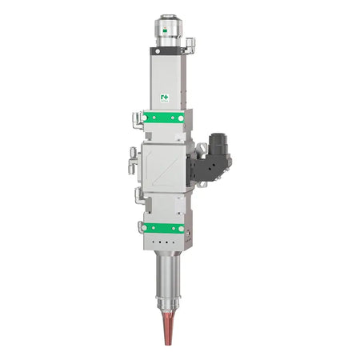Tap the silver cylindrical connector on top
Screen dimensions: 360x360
[x=168, y=28]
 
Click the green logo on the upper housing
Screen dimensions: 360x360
[x=165, y=98]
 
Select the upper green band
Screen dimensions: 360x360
[x=163, y=120]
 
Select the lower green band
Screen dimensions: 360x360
[x=163, y=228]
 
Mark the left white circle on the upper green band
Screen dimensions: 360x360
[x=145, y=120]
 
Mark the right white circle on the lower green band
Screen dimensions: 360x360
[x=182, y=228]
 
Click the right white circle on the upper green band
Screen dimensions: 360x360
[x=182, y=120]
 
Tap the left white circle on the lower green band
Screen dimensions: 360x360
[x=145, y=228]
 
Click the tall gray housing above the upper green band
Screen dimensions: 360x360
[x=166, y=76]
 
